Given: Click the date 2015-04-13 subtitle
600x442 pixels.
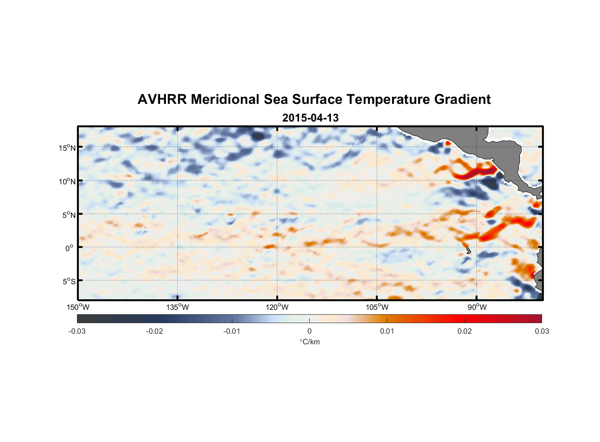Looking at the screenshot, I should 310,118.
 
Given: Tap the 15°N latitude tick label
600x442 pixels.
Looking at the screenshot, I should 67,148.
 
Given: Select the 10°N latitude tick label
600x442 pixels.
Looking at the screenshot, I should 67,181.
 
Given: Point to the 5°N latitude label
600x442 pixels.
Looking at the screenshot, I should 69,215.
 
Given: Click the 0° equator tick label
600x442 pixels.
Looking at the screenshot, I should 69,248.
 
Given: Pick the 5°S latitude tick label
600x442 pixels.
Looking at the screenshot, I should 69,281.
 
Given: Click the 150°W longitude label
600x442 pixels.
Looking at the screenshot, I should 78,307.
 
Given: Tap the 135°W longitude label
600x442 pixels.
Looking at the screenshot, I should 177,307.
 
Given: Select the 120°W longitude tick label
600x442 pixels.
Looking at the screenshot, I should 277,307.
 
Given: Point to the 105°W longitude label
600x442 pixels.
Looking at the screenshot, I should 377,307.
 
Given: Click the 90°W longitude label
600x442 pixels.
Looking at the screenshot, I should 477,307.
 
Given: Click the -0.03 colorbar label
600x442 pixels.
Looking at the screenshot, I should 77,331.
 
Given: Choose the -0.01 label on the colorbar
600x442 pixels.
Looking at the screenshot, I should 232,331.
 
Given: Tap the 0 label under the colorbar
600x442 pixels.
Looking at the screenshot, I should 309,331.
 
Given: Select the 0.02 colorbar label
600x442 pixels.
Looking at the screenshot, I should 465,331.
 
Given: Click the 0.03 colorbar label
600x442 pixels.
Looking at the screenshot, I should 542,331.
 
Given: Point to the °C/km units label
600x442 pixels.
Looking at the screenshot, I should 309,342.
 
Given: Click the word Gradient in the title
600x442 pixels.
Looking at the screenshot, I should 462,99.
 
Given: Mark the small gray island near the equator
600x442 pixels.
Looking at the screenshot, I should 468,251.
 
